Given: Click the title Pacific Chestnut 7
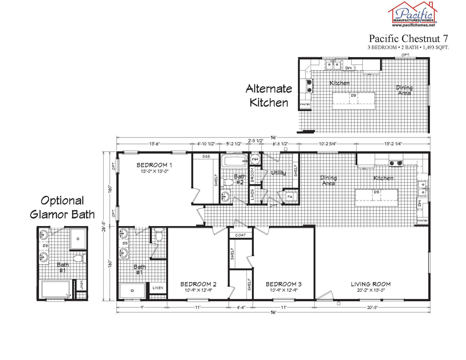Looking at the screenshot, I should pos(408,38).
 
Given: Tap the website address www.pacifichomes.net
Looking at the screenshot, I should pos(413,25).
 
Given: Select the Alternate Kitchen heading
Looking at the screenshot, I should pos(269,96).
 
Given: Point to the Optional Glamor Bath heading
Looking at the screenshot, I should pos(62,207).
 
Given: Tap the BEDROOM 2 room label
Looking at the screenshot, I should pos(198,284).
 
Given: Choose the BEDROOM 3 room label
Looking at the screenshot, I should pos(284,284).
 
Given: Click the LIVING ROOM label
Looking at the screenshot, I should pos(370,284).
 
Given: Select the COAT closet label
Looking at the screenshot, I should pos(241,235).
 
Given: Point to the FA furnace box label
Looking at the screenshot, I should pos(290,197).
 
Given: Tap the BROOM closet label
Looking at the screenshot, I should pos(253,175).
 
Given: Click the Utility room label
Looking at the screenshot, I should pos(278,173).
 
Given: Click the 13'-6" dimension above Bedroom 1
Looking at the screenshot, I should pos(154,144).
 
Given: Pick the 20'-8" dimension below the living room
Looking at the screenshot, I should pos(372,307).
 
